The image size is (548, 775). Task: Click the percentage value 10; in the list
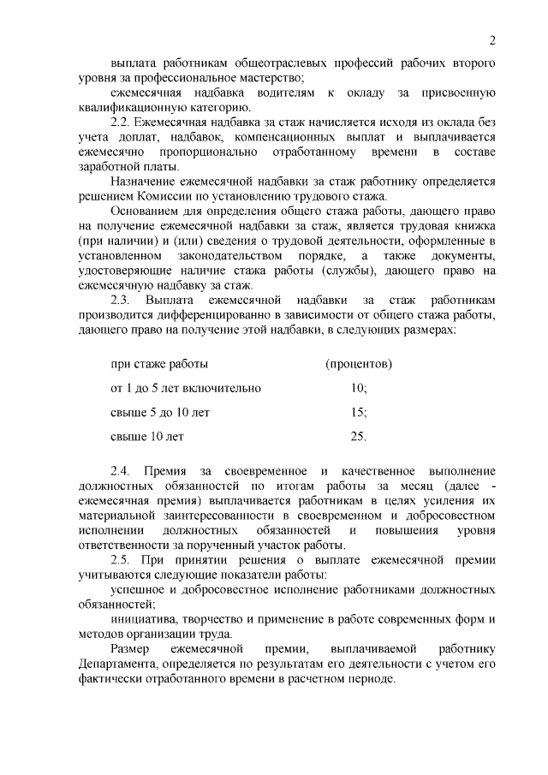359,388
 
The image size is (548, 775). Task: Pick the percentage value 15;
359,412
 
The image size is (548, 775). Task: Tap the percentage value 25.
359,436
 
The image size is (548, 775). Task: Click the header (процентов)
359,364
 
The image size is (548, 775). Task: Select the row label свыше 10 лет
147,436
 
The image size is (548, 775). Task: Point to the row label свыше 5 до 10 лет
160,412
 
